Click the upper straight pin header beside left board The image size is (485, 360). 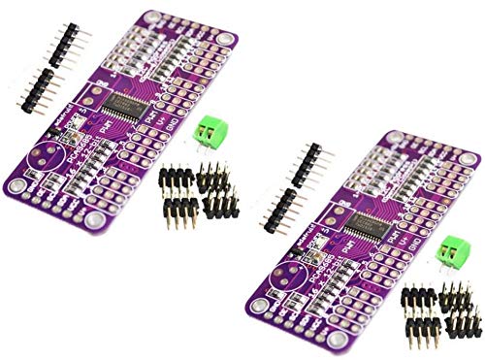pyautogui.click(x=57, y=44)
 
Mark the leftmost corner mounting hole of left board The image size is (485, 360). pyautogui.click(x=16, y=183)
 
